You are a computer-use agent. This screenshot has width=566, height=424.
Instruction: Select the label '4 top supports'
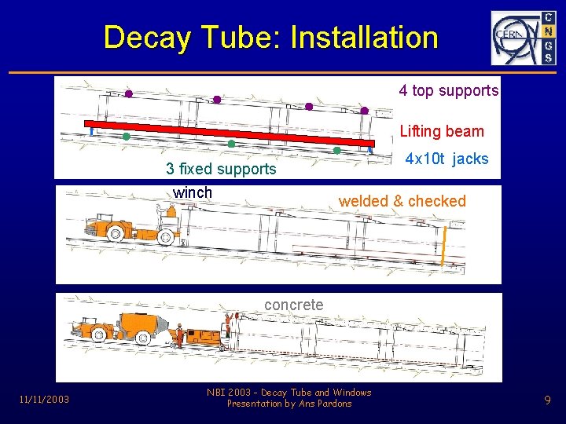tap(448, 90)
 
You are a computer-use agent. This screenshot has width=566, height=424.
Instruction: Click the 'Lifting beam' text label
tap(442, 131)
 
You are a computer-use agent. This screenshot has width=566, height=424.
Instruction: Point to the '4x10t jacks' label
tap(447, 159)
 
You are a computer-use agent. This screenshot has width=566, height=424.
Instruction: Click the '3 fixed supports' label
tap(221, 169)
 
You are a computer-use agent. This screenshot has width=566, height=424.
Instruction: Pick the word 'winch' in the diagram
tap(193, 192)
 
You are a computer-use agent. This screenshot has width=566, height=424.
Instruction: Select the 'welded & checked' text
tap(402, 201)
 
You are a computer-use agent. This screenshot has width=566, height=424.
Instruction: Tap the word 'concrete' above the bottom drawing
tap(293, 304)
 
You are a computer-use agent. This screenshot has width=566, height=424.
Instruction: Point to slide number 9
tap(547, 400)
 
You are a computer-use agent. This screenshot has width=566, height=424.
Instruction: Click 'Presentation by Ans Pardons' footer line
tap(289, 404)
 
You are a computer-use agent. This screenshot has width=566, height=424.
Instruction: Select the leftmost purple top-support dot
tap(129, 93)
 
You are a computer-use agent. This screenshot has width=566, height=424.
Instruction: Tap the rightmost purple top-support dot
tap(365, 111)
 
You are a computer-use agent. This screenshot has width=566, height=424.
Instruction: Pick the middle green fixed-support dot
tap(231, 144)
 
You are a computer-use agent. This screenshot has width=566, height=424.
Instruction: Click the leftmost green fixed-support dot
tap(126, 136)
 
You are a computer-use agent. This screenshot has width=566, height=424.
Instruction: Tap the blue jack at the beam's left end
tap(92, 131)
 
